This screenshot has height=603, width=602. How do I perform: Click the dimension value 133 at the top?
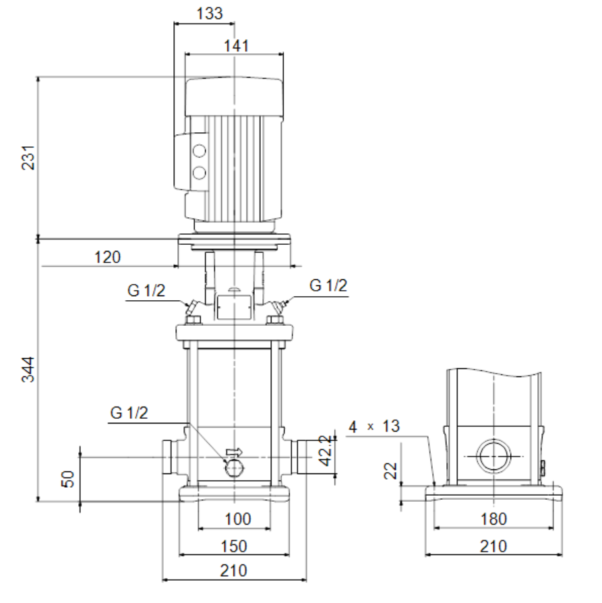pos(210,13)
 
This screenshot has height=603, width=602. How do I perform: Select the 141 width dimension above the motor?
pos(236,46)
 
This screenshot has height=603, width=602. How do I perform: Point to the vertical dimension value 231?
pos(28,157)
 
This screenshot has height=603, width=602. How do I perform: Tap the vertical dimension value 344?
pos(28,370)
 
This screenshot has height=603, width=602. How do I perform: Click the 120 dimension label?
pos(107,257)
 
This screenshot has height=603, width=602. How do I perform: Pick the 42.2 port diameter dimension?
pos(326,451)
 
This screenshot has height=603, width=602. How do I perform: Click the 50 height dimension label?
pos(67,479)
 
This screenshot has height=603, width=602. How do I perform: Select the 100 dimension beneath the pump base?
pos(237,519)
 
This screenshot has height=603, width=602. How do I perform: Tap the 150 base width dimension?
pos(234,546)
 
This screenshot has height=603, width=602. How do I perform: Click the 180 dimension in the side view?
pos(493,519)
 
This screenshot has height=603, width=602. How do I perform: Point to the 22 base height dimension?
pos(390,470)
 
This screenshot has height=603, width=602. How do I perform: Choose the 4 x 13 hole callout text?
pos(374,426)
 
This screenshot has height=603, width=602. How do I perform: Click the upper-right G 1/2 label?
pos(328,285)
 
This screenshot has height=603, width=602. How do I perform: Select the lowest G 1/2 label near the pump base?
pos(129,413)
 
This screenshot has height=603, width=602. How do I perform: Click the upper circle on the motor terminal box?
pos(199,151)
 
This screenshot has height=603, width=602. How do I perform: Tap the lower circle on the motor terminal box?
pos(199,173)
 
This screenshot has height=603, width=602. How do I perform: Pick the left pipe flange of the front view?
pos(168,457)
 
